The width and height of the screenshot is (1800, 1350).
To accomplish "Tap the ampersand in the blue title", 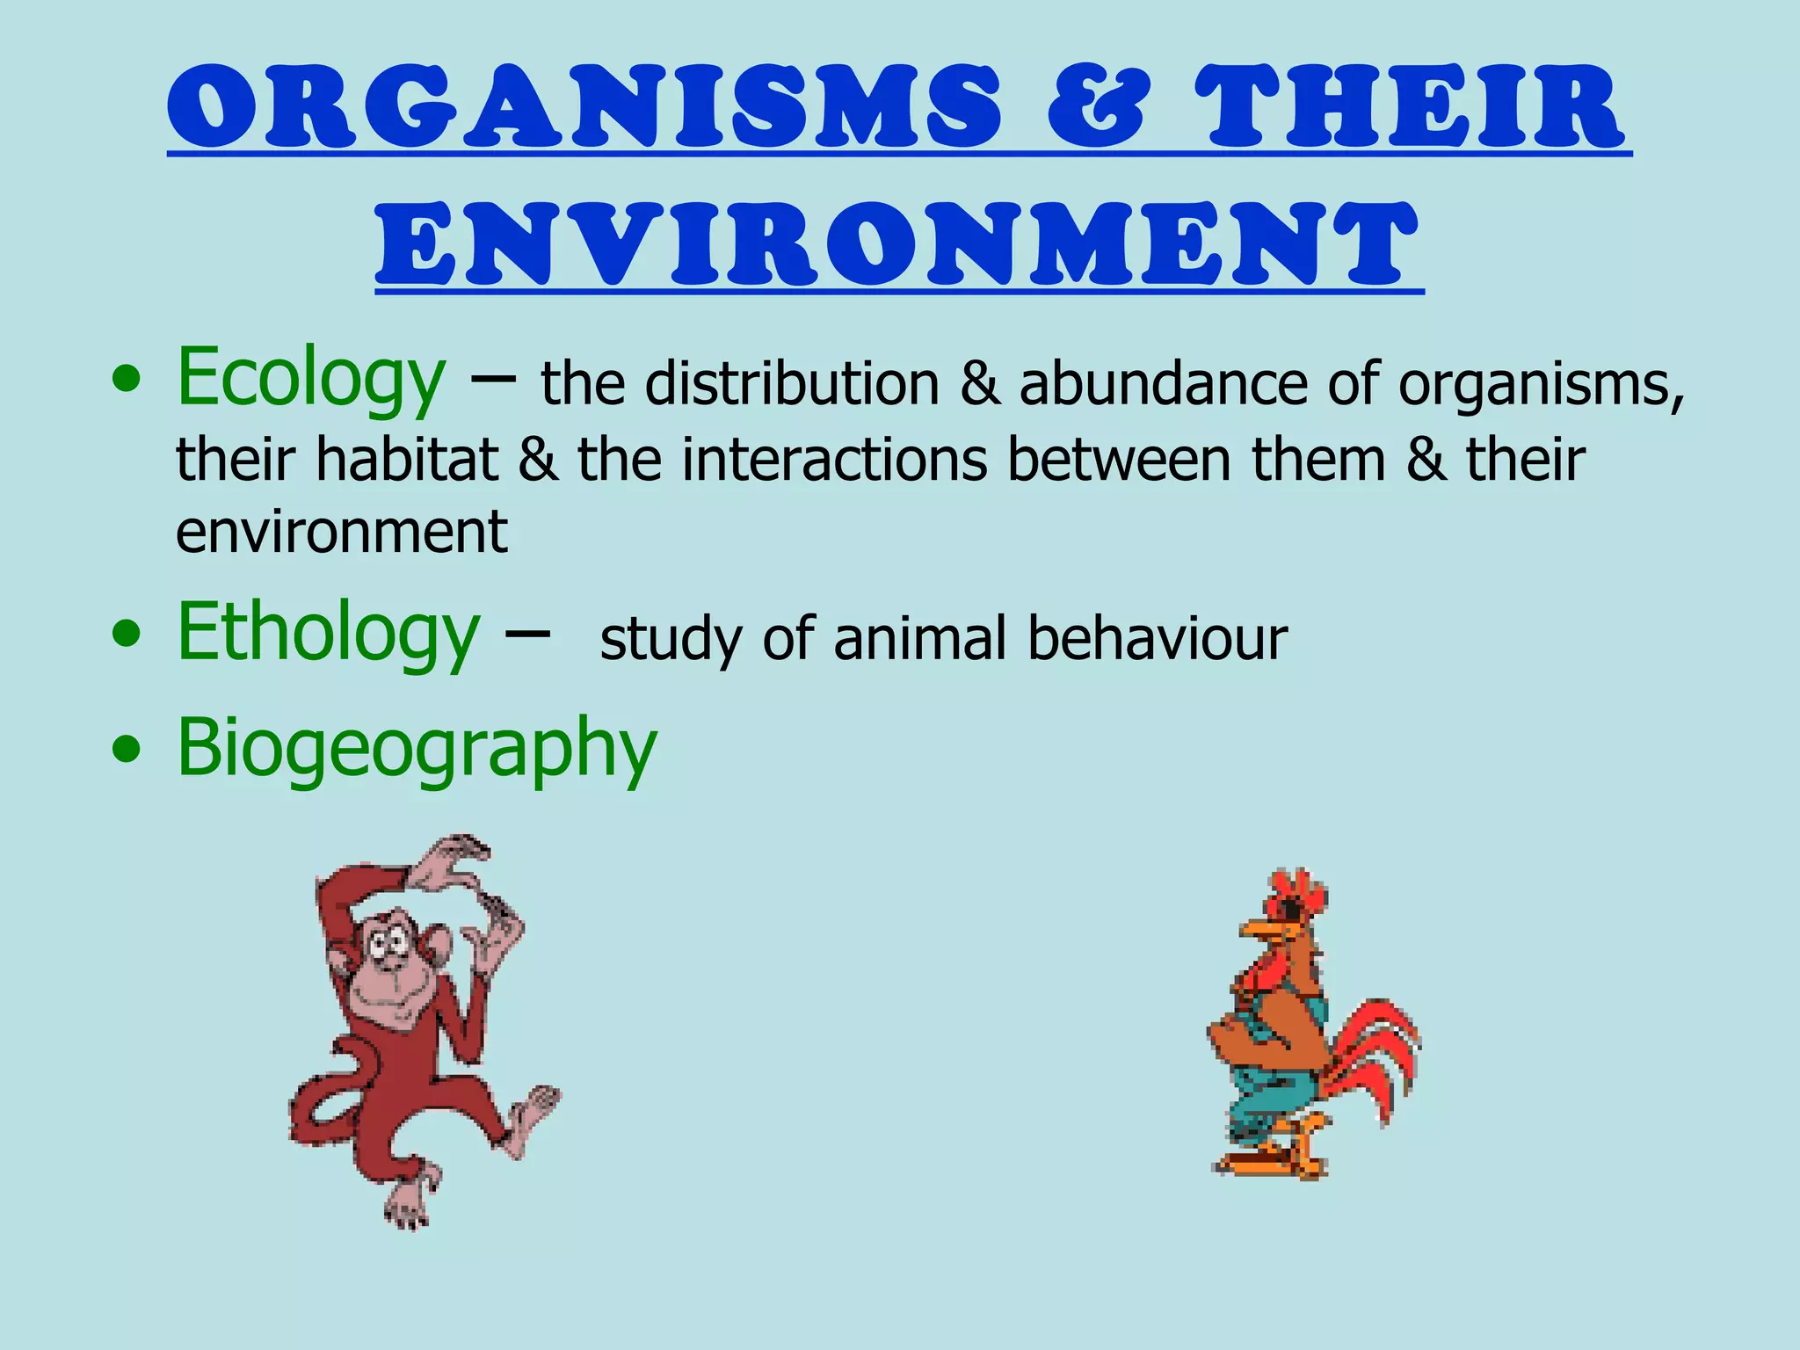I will pos(1097,107).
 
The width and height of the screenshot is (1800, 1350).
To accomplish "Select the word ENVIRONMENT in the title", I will pos(898,243).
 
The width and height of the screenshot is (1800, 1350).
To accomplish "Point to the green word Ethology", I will pos(328,633).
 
